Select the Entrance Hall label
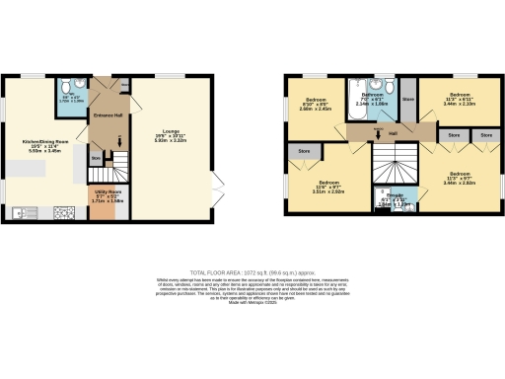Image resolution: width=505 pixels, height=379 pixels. (x=108, y=115)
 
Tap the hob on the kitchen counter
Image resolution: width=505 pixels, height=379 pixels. (x=66, y=211)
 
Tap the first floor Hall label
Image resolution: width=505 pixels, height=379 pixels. (x=393, y=132)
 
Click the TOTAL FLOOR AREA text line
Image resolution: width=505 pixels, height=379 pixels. (x=252, y=272)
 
